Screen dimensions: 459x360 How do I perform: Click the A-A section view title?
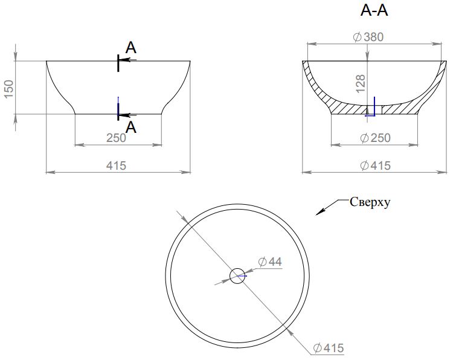click(x=374, y=11)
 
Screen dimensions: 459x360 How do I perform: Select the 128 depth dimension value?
click(x=361, y=84)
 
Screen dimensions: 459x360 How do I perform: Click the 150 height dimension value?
click(x=9, y=89)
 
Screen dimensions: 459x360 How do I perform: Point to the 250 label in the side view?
click(x=116, y=138)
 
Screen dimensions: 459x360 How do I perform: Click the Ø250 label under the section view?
click(x=375, y=138)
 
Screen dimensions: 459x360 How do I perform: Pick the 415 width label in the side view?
click(x=116, y=166)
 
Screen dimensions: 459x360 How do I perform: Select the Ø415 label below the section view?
click(x=375, y=166)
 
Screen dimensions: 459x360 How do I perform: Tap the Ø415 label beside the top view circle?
click(x=329, y=349)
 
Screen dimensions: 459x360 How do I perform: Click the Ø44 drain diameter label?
click(x=270, y=262)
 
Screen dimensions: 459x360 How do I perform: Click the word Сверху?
click(x=370, y=202)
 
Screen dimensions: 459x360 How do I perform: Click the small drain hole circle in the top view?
click(x=237, y=275)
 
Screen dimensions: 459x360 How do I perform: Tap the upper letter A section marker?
click(x=131, y=48)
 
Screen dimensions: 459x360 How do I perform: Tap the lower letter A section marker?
click(x=131, y=127)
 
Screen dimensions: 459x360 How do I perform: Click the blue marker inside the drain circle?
click(x=242, y=275)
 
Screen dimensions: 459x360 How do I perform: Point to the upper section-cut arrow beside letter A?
click(x=129, y=60)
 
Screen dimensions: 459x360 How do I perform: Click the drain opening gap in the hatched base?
click(x=374, y=110)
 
